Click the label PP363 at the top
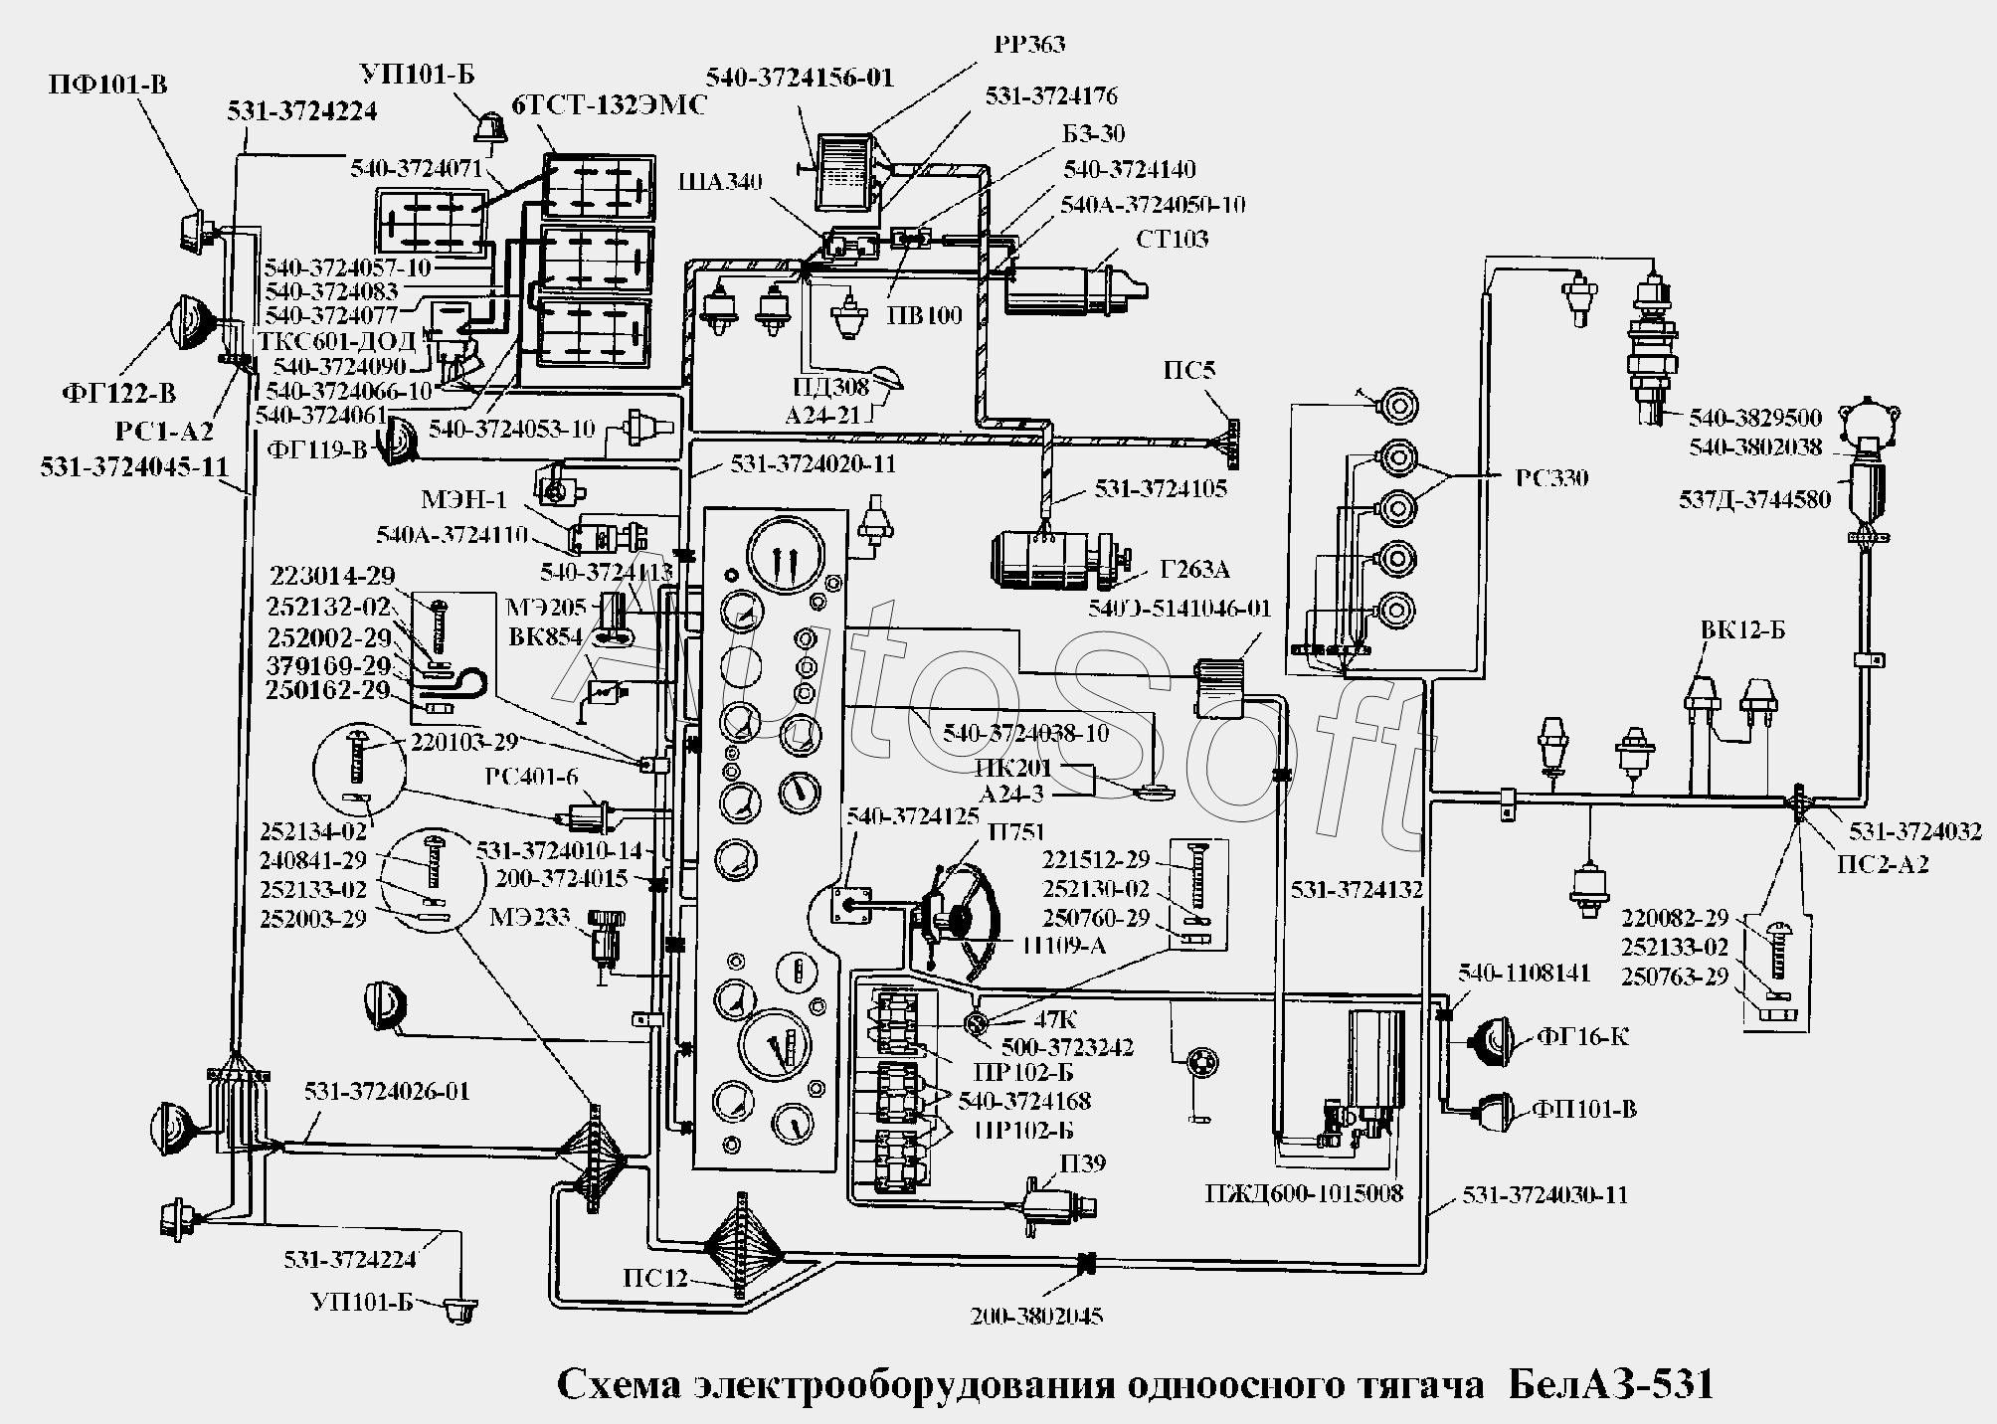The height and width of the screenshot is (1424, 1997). [1028, 45]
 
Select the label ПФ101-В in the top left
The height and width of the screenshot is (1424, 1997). [108, 84]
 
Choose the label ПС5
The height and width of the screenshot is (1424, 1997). [1189, 371]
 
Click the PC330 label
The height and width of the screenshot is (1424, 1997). [1551, 478]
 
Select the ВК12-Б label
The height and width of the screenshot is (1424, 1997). [1742, 631]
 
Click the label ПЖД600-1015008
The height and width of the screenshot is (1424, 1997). [1304, 1192]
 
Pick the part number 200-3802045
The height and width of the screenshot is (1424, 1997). [1036, 1316]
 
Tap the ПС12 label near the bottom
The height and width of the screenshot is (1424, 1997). [655, 1278]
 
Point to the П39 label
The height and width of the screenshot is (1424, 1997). [1083, 1162]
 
